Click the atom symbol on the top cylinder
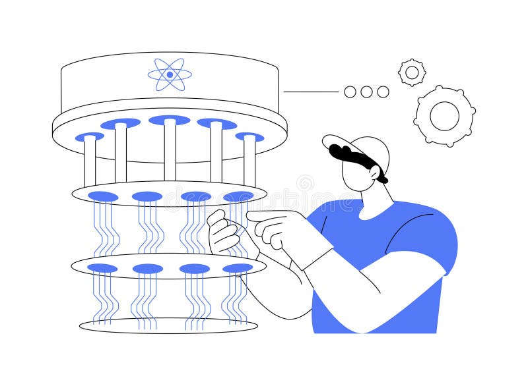pos(170,74)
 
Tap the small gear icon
pos(412,72)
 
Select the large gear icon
pos(444,116)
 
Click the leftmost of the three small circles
pos(350,92)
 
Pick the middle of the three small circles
pos(366,92)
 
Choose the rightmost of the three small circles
pos(383,92)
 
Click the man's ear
pos(374,173)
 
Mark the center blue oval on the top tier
pos(170,120)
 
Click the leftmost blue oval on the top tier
pos(89,137)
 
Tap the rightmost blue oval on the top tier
pos(249,137)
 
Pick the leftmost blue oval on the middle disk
pos(103,196)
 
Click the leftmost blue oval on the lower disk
pos(102,268)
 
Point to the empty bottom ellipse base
pos(168,325)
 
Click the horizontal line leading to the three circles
pos(310,92)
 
